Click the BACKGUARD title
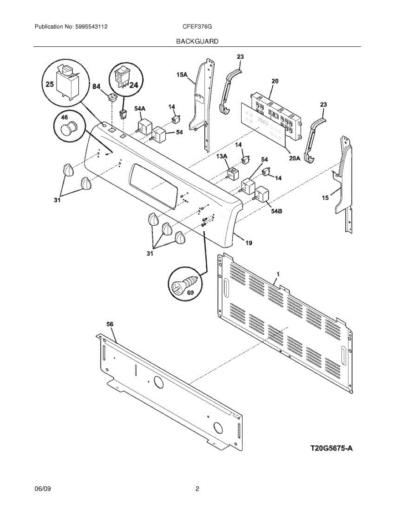(197, 41)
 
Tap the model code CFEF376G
(197, 26)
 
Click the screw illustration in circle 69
(184, 284)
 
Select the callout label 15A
(182, 75)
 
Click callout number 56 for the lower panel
(110, 324)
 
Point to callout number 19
(248, 243)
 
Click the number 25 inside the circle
(49, 84)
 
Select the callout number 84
(97, 87)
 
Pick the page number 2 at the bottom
(197, 489)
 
